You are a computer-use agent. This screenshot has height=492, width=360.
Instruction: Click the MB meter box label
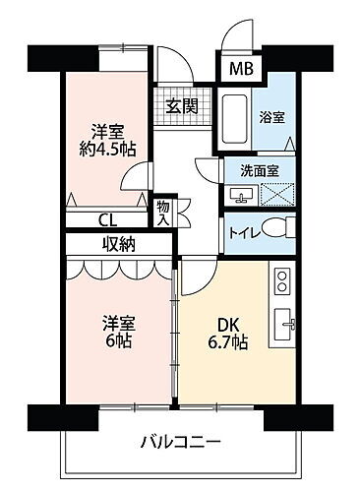click(x=240, y=70)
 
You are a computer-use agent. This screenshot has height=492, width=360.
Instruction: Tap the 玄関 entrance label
click(x=180, y=104)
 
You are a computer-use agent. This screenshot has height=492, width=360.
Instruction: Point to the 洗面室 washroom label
click(x=260, y=170)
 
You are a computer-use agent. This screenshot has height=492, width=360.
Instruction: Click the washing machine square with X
click(x=274, y=194)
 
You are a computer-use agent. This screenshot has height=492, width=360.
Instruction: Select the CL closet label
click(x=105, y=221)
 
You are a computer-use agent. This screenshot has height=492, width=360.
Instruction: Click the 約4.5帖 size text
click(x=108, y=149)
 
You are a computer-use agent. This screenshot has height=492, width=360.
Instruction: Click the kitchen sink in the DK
click(x=283, y=321)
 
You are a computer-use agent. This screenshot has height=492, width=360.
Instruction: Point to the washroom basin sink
click(x=243, y=193)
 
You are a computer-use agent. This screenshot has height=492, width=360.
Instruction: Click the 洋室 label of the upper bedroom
click(x=108, y=130)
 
